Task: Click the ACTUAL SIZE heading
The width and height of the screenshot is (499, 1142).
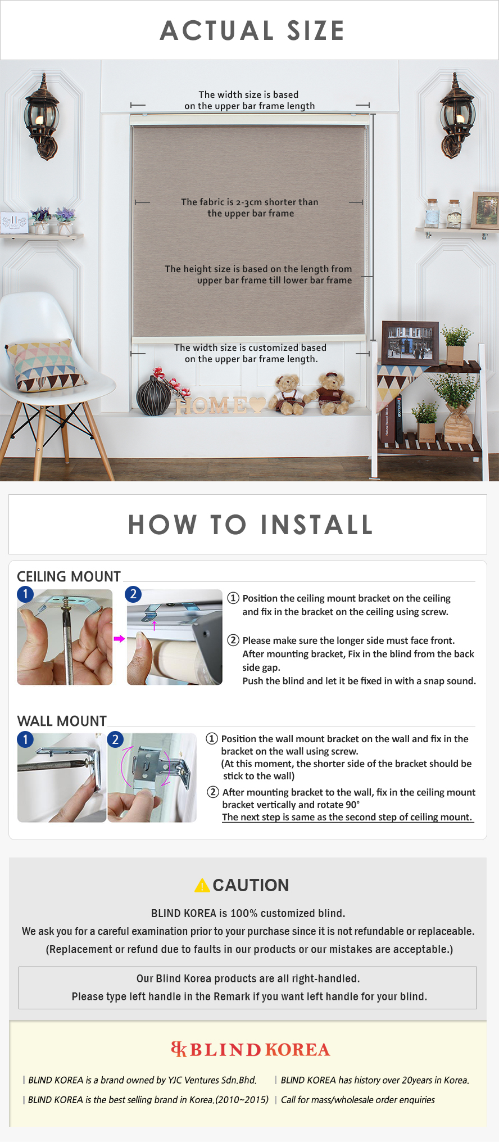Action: tap(252, 30)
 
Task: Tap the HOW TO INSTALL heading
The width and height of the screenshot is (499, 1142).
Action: tap(251, 525)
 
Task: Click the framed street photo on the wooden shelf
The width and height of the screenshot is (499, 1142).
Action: tap(410, 341)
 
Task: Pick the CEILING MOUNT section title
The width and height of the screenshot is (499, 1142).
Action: tap(69, 576)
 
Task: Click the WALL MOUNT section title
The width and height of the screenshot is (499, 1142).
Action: tap(62, 721)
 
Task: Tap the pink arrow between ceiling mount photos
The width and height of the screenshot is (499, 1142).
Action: tap(119, 639)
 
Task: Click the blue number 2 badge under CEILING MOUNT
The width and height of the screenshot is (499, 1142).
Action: tap(133, 594)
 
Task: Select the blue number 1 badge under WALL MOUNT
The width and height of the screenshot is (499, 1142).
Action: tap(25, 739)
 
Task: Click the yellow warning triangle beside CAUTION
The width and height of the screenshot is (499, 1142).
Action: tap(202, 885)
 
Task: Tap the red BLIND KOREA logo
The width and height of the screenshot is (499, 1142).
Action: tap(251, 1049)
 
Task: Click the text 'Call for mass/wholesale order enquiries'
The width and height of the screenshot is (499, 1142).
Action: tap(357, 1099)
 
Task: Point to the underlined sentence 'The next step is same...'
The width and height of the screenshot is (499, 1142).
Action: tap(347, 817)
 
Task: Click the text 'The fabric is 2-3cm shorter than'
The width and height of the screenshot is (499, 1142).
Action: tap(249, 202)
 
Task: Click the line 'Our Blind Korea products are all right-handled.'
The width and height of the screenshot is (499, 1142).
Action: tap(248, 978)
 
